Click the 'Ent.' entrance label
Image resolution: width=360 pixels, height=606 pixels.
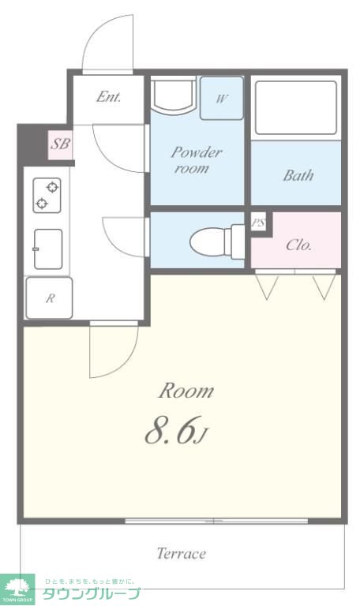point(109,96)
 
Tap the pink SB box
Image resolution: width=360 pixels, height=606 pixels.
point(60,144)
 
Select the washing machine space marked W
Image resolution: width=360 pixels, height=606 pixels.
point(222,98)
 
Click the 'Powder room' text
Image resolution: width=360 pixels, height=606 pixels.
point(197,159)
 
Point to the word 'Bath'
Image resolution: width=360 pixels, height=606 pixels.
point(298,176)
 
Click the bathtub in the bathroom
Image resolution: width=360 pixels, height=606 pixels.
point(296,108)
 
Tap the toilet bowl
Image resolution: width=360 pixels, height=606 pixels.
point(216,242)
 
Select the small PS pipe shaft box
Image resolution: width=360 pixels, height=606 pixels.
point(259,223)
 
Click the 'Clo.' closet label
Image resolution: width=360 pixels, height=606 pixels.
point(298,245)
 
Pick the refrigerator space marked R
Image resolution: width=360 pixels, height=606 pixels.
point(49,298)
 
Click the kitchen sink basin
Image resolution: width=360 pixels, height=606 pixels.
point(48,249)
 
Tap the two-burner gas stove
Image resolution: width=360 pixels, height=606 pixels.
point(47,195)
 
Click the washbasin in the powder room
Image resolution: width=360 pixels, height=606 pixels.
point(173,95)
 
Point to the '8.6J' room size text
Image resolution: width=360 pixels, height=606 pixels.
point(176,430)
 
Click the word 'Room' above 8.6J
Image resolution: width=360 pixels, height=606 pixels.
point(186,391)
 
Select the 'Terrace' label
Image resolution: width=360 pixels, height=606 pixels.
point(182,553)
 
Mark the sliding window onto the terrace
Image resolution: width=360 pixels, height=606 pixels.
point(216,521)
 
